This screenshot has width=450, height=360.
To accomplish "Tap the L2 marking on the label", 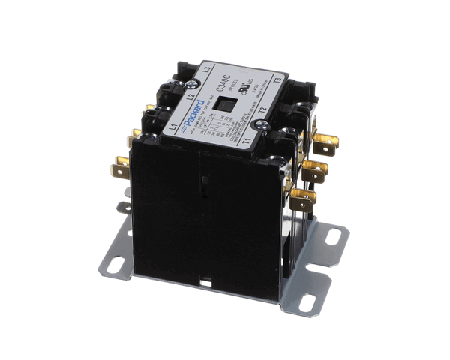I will (191, 96).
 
